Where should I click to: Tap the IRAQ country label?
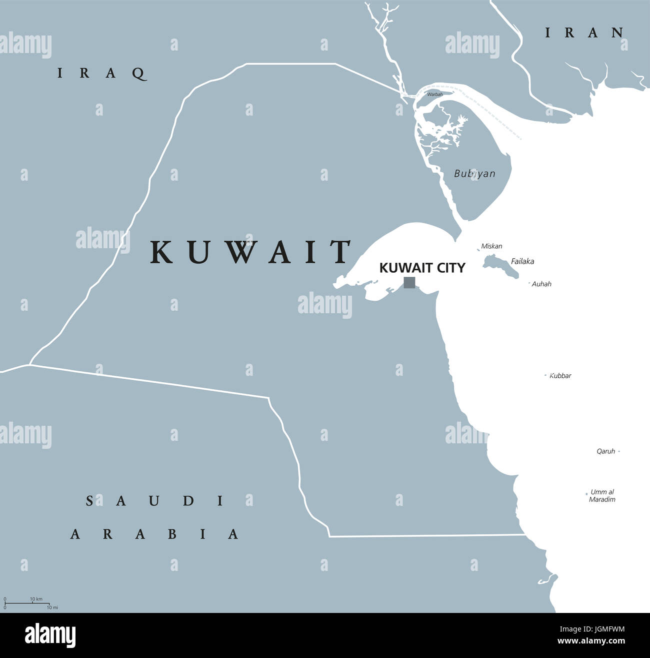pos(102,73)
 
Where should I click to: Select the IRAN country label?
pos(584,33)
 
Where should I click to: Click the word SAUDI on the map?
pos(155,500)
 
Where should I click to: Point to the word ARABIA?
pos(154,534)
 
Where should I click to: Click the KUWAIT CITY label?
pos(422,268)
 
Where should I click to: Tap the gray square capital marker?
pos(409,283)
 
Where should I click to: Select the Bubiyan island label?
pos(474,174)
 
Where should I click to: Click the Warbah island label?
pos(434,94)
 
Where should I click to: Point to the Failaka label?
pos(522,261)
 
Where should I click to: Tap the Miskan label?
pos(491,246)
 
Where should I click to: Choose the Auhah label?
pos(541,284)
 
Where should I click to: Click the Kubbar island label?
pos(560,375)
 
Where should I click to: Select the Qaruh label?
pos(605,451)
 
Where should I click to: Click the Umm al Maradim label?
pos(602,495)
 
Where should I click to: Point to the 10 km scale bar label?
pos(36,599)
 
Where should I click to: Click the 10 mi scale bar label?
pos(52,607)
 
